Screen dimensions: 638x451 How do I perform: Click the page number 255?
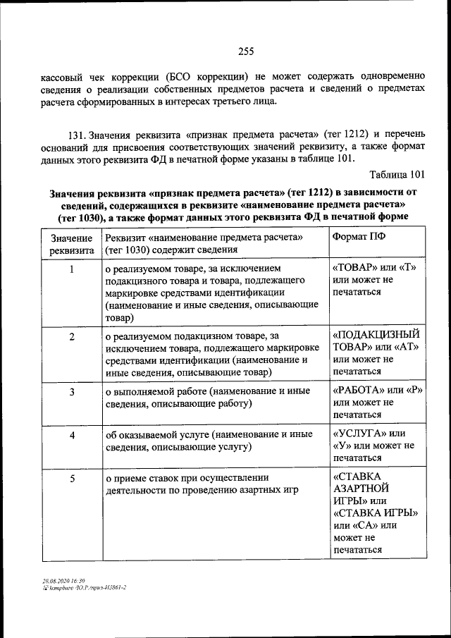[245, 51]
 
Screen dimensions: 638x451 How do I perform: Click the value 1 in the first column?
[72, 269]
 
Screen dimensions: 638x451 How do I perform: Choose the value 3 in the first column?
[72, 391]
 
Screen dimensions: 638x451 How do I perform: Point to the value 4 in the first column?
[72, 435]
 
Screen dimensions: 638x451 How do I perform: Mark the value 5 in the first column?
[72, 479]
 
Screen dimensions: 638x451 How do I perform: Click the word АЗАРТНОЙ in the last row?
[361, 488]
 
